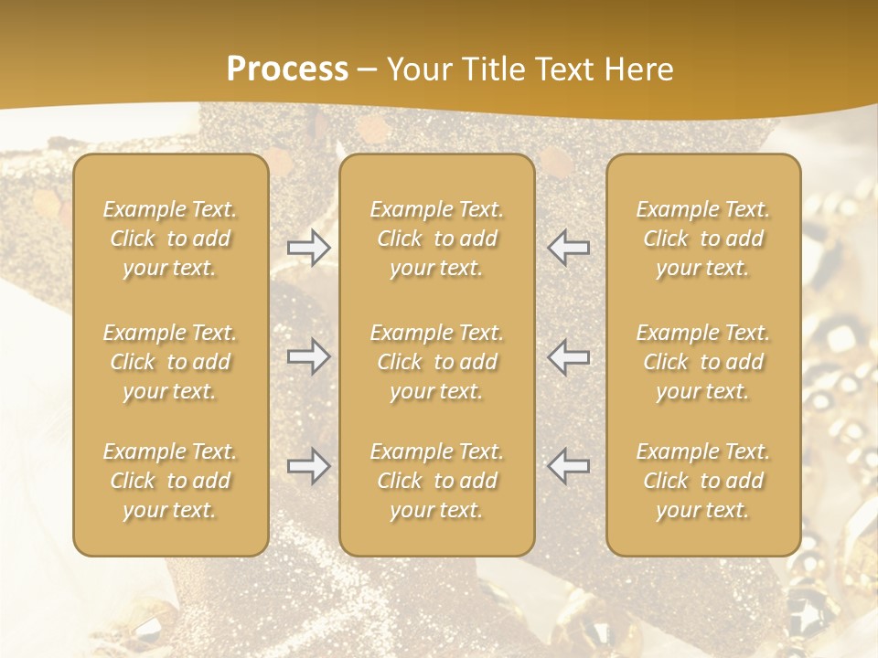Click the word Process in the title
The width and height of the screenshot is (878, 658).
pos(287,69)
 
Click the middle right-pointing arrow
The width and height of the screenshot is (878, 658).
pos(308,356)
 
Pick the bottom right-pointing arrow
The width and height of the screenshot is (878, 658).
pos(308,466)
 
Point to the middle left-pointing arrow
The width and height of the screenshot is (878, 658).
pos(569,356)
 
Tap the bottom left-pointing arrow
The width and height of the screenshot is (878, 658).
pos(569,466)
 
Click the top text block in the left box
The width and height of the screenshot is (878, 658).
pos(170,239)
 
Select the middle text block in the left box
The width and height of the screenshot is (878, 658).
pos(170,362)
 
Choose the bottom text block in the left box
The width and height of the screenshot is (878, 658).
pos(170,481)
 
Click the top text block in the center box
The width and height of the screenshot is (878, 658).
pos(437,239)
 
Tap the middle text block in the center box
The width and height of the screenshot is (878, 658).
pos(437,362)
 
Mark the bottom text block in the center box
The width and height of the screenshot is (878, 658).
pos(437,481)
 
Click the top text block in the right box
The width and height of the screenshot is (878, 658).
pos(703,239)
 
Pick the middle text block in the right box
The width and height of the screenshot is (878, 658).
pos(703,362)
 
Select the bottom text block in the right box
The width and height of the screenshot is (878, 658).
pos(703,481)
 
